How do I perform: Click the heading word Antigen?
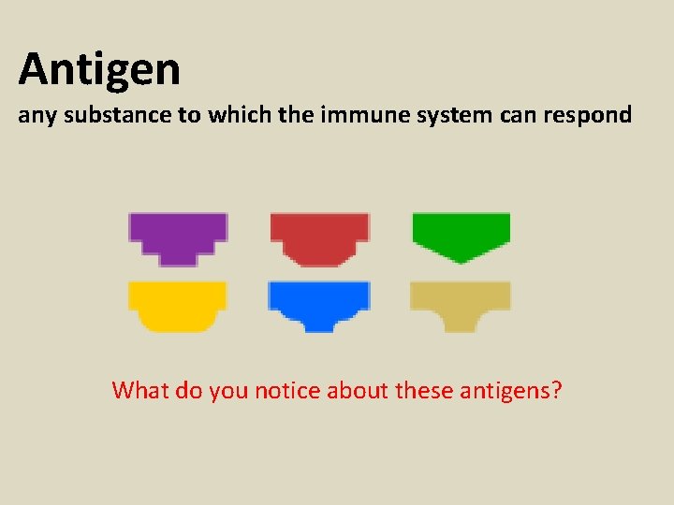click(x=99, y=68)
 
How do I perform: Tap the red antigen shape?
click(x=319, y=234)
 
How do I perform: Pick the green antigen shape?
click(x=462, y=232)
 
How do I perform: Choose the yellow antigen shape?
click(x=177, y=303)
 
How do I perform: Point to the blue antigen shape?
click(x=319, y=302)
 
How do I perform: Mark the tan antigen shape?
click(x=461, y=301)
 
